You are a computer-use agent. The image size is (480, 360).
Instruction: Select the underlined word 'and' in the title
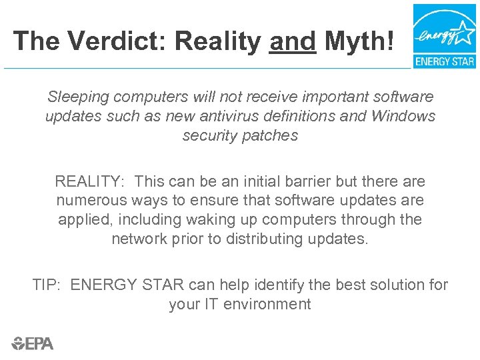coord(293,41)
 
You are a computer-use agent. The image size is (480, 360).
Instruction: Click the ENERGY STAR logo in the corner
coord(444,36)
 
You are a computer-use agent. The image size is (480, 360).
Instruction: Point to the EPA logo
coord(33,343)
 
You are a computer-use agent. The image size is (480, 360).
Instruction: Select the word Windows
coord(403,116)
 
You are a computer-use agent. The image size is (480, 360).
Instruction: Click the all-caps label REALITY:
coord(90,181)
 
